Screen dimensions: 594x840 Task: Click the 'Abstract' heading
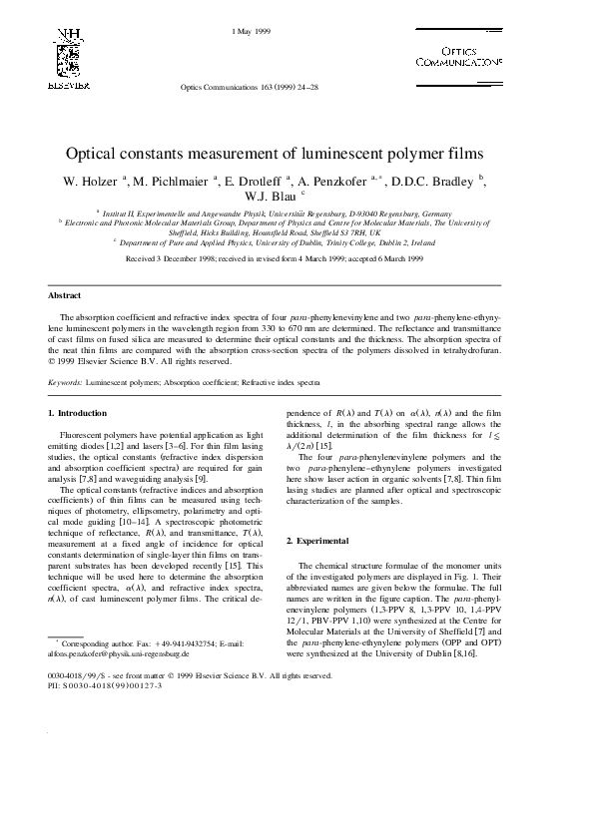64,296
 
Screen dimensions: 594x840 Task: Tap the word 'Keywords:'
66,382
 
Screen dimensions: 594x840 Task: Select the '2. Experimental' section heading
317,540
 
